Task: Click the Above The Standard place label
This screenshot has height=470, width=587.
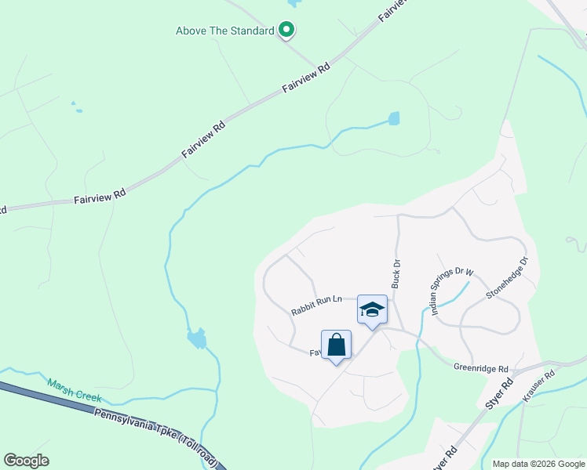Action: point(224,31)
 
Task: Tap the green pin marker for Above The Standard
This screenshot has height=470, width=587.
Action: point(287,31)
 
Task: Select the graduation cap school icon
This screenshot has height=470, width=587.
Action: point(372,309)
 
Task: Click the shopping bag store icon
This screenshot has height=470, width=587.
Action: point(336,345)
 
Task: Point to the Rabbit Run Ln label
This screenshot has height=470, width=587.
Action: point(317,305)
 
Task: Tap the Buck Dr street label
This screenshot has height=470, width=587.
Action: point(396,273)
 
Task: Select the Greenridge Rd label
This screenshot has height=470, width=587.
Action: point(481,367)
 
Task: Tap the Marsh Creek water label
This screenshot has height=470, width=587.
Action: point(75,389)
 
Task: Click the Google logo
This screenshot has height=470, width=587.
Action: point(26,461)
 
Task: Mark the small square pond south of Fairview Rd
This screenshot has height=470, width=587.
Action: point(393,119)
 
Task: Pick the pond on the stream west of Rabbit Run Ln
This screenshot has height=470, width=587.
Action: point(197,339)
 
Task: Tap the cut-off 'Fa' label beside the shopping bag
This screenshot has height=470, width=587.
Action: point(314,353)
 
